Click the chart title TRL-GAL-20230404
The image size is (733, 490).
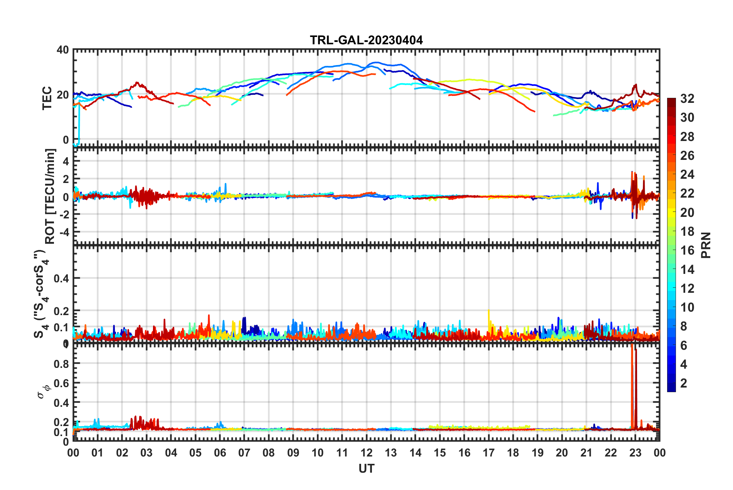366,40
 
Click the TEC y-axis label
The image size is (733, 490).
47,98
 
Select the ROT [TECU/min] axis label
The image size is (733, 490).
50,196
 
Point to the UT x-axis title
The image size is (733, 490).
366,468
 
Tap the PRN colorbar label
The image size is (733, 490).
706,245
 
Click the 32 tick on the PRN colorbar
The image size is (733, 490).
687,99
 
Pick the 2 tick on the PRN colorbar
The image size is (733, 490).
684,383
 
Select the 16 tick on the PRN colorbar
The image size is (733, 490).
687,250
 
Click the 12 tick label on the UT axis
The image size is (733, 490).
366,453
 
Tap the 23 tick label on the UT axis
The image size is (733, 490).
635,453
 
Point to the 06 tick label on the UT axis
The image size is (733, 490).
220,453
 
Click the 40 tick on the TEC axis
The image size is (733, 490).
63,50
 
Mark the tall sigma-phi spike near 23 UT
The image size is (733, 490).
632,385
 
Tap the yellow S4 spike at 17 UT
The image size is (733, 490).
489,314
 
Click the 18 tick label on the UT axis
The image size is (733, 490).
513,453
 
